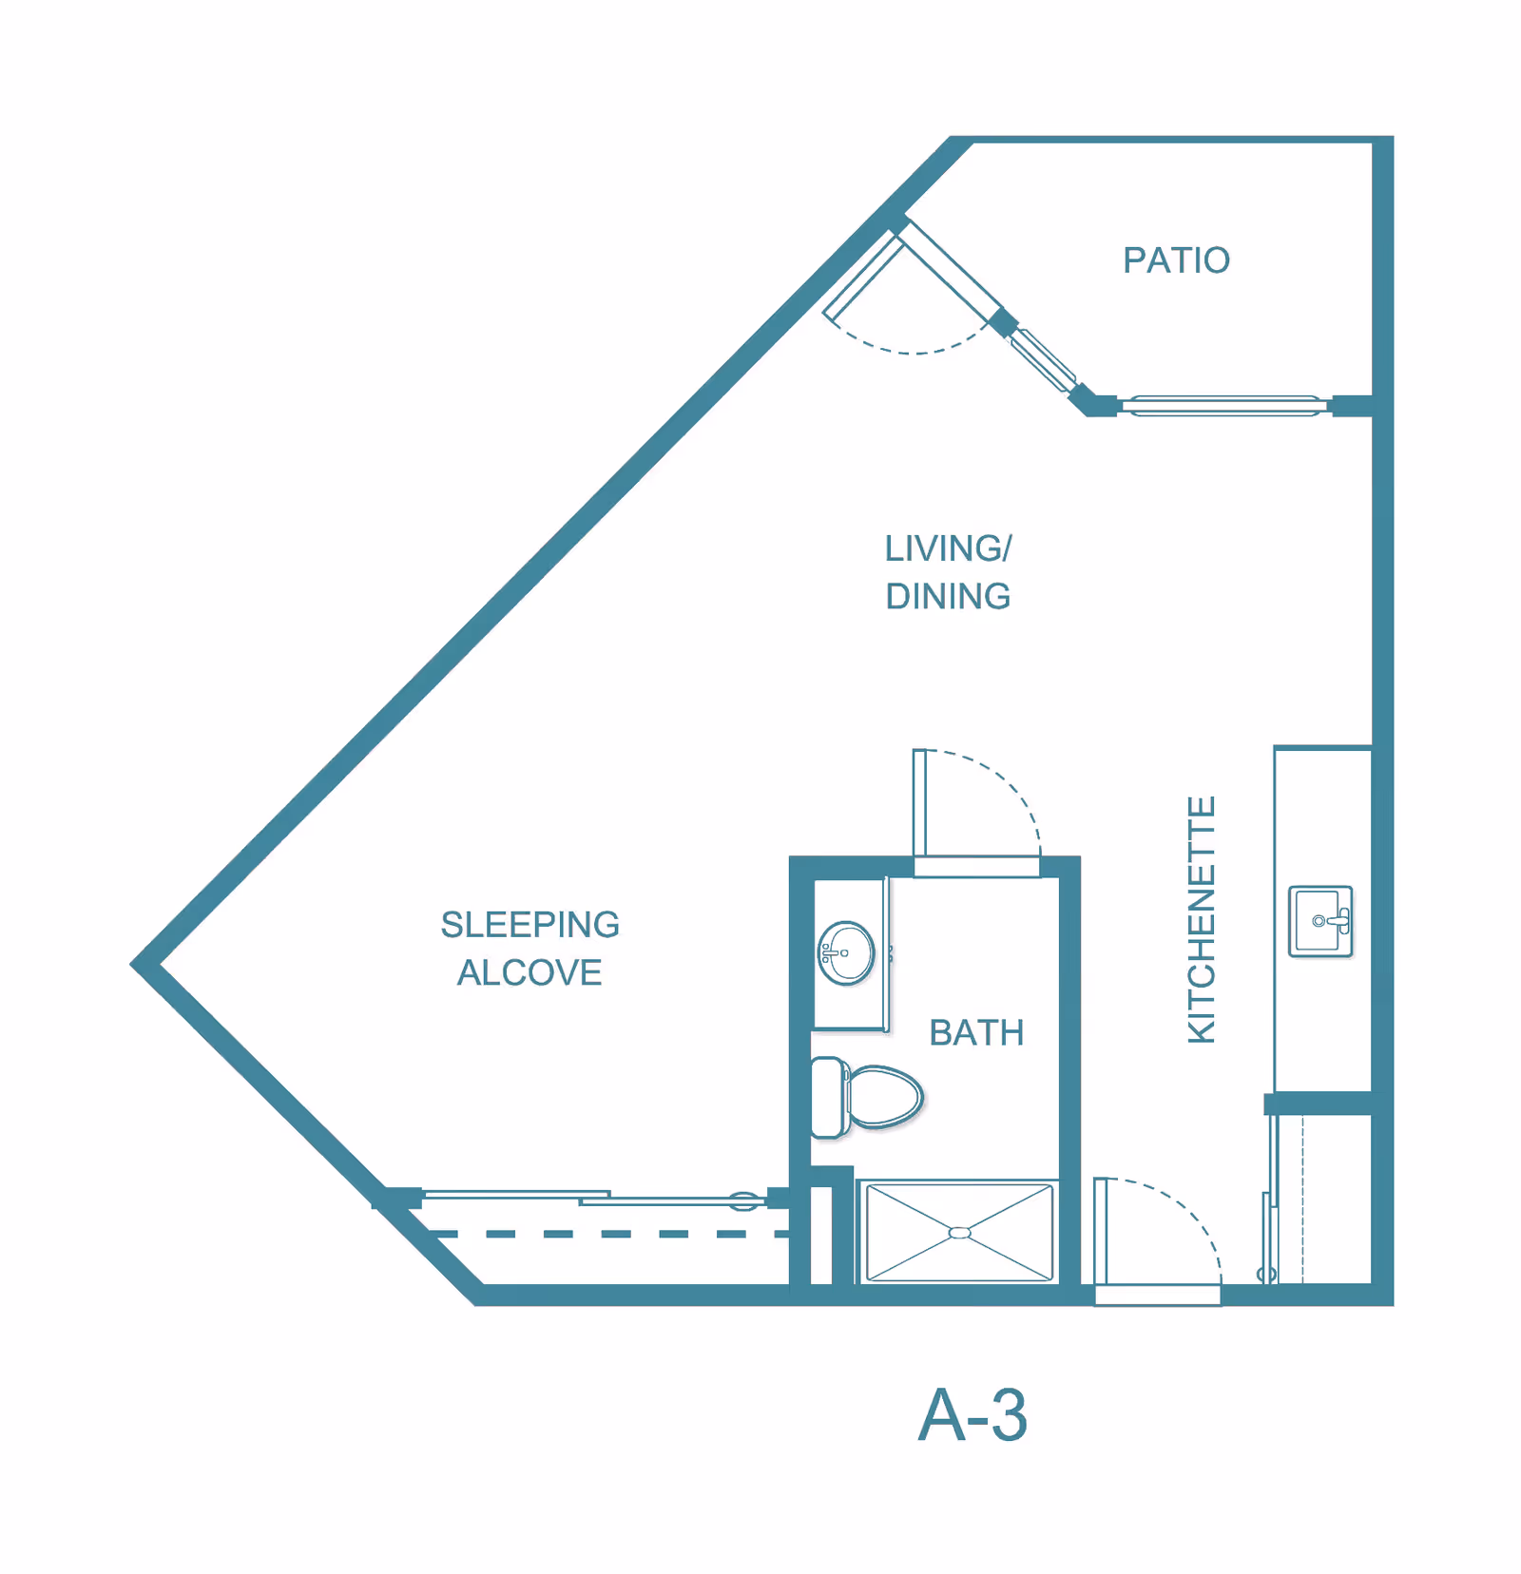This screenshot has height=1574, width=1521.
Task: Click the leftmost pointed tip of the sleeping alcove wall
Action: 131,964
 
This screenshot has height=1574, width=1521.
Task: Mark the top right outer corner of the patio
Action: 1393,137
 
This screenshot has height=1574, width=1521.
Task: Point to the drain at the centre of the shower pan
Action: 960,1233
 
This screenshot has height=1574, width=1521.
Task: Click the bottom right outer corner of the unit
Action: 1393,1304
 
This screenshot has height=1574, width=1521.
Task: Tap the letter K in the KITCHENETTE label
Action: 1202,1030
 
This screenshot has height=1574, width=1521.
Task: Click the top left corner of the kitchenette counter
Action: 1275,747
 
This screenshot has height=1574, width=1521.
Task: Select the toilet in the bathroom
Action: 866,1098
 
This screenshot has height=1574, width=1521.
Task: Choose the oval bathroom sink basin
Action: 846,952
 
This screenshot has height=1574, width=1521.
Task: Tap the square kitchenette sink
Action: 1320,921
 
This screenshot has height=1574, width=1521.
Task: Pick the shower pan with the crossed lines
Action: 960,1233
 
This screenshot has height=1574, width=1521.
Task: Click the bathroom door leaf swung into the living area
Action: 919,803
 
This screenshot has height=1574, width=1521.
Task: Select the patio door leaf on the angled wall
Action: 863,278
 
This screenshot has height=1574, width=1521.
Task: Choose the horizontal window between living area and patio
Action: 1224,406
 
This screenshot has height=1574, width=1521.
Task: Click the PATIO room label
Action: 1177,260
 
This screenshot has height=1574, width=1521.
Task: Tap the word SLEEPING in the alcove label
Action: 530,925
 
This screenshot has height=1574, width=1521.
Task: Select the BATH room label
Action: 976,1033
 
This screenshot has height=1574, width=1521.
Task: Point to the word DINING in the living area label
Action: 948,597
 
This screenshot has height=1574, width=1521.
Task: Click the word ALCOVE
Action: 529,973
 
